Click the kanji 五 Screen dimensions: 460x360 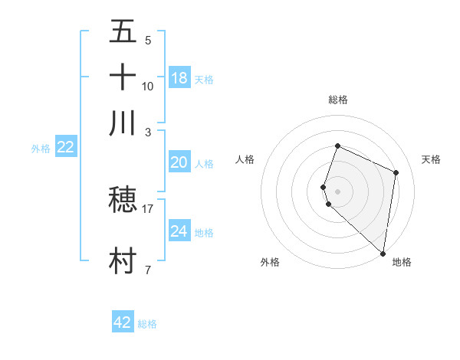pos(123,31)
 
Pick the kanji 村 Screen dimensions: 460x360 pos(123,260)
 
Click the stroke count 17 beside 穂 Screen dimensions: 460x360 pos(148,208)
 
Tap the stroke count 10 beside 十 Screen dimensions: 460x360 pos(148,86)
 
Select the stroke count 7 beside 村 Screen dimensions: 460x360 pos(148,270)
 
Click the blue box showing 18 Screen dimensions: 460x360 pos(179,77)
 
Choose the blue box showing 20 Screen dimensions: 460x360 pos(179,162)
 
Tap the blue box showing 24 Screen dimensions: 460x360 pos(179,231)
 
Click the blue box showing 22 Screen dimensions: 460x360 pos(65,148)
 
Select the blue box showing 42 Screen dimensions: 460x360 pos(123,322)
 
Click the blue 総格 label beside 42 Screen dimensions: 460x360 pos(147,324)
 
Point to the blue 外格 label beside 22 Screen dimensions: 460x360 pos(41,149)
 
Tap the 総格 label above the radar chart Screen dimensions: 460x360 pos(337,100)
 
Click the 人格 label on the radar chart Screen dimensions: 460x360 pos(245,159)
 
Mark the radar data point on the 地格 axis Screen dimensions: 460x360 pos(383,254)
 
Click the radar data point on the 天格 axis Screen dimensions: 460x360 pos(396,172)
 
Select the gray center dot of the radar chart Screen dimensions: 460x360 pos(337,191)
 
